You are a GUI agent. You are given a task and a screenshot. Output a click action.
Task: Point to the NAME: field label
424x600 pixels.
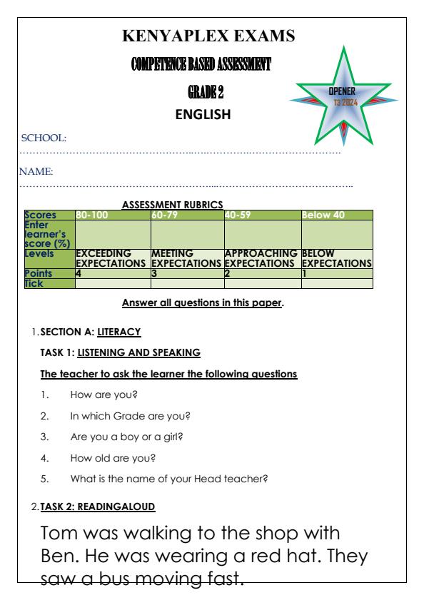click(40, 171)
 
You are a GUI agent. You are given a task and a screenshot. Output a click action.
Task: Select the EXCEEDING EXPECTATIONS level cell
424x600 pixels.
click(111, 258)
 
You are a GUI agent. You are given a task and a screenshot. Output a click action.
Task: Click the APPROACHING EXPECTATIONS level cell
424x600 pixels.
click(261, 258)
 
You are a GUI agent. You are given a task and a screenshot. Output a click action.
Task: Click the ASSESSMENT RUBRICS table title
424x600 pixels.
click(173, 204)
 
